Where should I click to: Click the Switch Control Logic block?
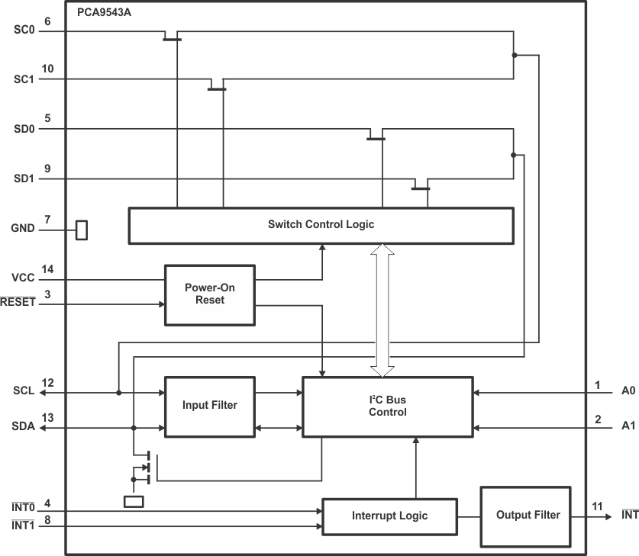tap(321, 225)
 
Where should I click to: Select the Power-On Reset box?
tap(210, 294)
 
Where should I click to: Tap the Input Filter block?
tap(210, 406)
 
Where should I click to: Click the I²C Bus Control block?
tap(387, 406)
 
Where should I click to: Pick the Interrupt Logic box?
tap(389, 516)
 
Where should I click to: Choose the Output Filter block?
tap(528, 516)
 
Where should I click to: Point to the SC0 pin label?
tap(24, 31)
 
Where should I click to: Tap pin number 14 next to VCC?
tap(47, 269)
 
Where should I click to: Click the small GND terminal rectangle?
tap(82, 229)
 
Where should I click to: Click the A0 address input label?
tap(628, 392)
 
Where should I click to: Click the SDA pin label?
tap(24, 428)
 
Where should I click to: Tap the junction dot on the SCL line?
tap(118, 393)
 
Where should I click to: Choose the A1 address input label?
tap(628, 427)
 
